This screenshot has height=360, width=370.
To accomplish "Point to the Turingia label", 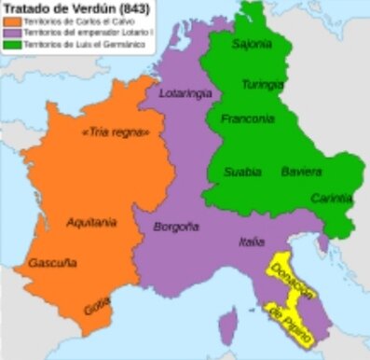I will tap(263, 86).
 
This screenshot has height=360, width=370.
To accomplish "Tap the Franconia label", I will tap(248, 118).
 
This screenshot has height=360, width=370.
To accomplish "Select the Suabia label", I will tap(242, 172).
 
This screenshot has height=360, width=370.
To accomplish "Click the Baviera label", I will tap(301, 172).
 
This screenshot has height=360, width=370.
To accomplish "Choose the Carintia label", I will tap(333, 198).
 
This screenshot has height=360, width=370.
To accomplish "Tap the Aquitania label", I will tap(92, 222).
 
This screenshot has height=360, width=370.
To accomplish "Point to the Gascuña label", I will tap(52, 263).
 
